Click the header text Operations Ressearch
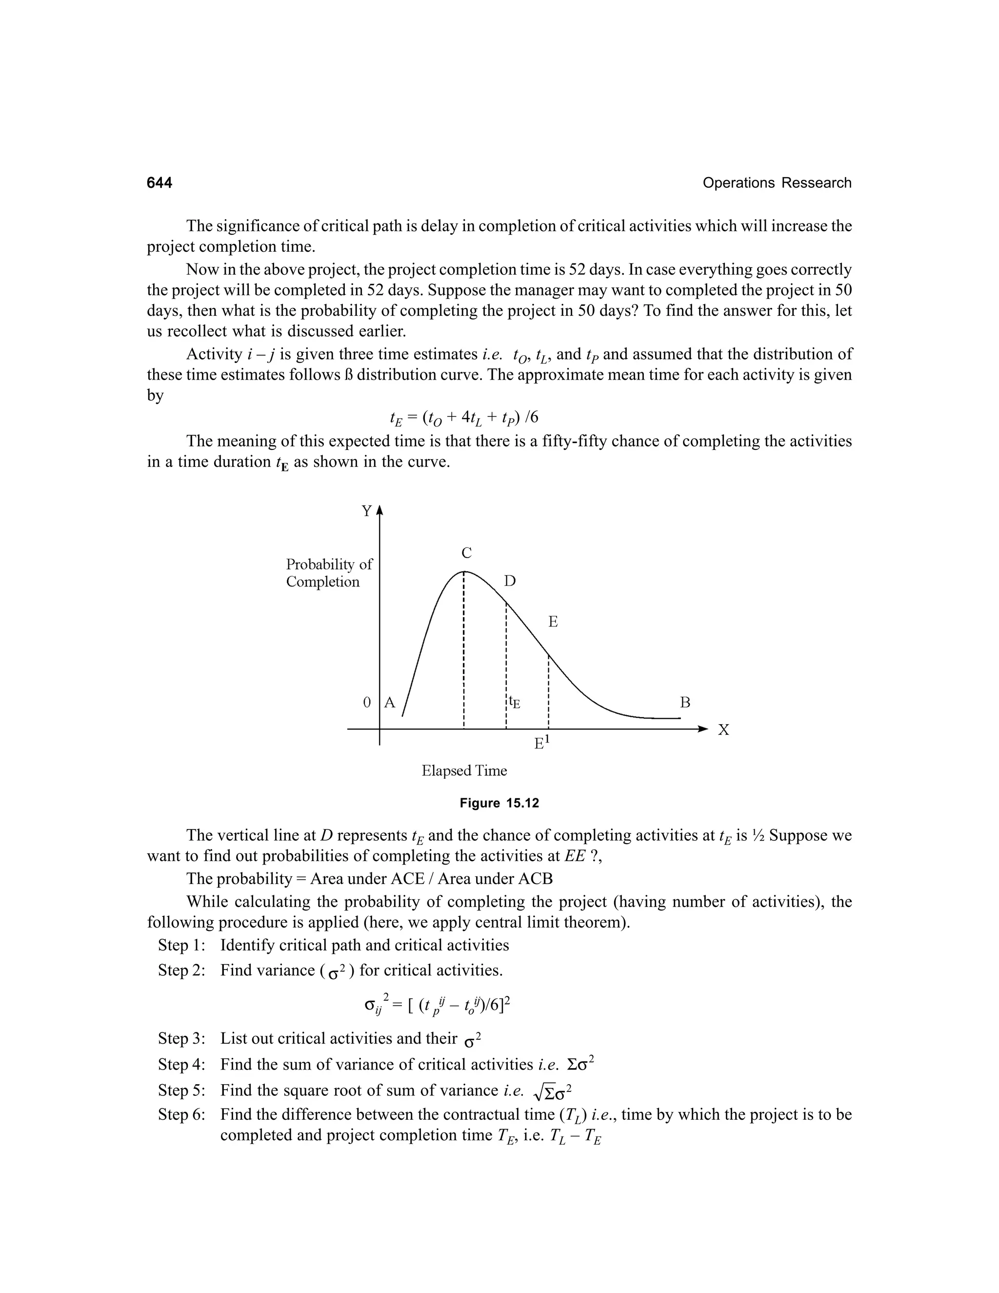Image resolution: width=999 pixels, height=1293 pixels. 777,183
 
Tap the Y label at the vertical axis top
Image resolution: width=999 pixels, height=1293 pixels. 367,511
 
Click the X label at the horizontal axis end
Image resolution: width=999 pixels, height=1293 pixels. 723,730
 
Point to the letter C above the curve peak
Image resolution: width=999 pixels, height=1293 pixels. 466,553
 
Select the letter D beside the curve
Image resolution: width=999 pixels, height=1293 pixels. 510,582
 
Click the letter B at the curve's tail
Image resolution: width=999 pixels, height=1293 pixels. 685,703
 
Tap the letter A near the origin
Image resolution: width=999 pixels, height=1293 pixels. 389,703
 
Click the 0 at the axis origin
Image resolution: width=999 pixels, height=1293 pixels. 367,703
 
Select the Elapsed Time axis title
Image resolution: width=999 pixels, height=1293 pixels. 464,771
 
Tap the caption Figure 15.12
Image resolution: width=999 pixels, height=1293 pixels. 499,804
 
